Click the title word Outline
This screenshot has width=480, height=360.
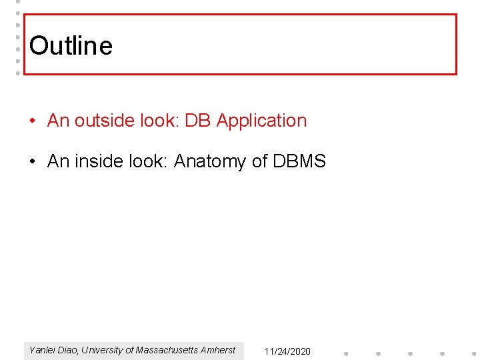(x=71, y=46)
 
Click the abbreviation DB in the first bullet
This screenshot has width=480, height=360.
(x=197, y=121)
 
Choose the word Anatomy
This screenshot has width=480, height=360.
(x=210, y=161)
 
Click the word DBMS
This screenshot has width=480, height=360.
(x=299, y=161)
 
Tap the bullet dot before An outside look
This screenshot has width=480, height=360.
(x=33, y=121)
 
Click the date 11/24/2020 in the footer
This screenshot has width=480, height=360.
(x=287, y=351)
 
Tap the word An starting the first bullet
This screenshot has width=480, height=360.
(x=58, y=121)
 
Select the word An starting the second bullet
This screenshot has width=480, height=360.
(x=58, y=161)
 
